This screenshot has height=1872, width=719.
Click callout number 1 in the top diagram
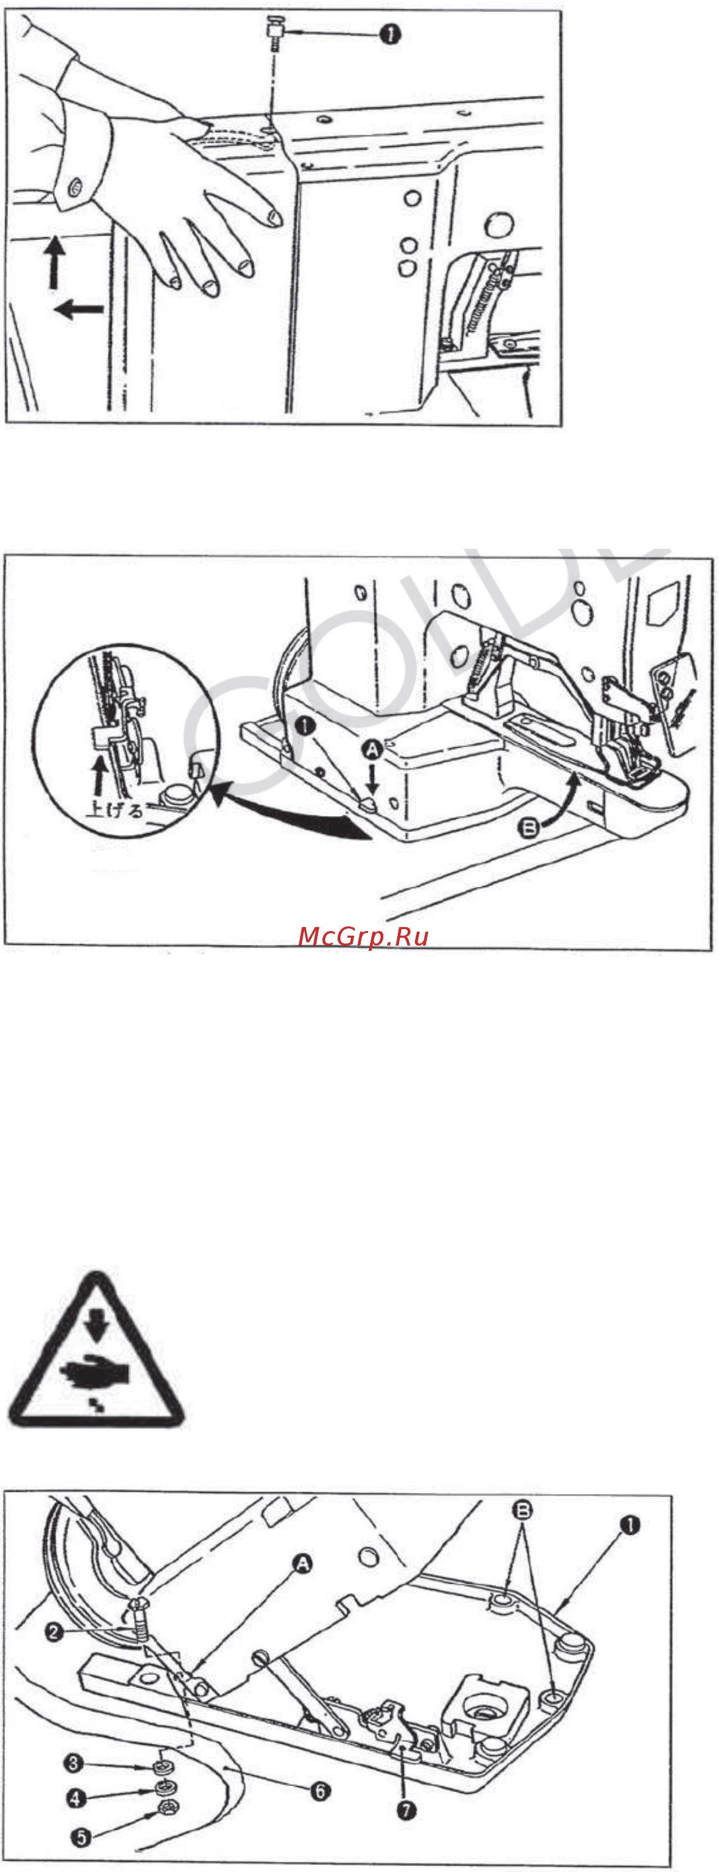[390, 34]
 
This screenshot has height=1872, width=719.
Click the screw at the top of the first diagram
[274, 32]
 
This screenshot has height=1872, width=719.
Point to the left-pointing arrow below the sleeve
[79, 309]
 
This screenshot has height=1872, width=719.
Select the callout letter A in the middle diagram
[373, 750]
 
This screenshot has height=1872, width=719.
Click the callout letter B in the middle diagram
[529, 827]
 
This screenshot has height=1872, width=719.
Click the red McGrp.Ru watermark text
[363, 937]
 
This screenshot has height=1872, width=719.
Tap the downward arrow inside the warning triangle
[96, 1327]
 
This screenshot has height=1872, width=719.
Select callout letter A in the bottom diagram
[302, 1564]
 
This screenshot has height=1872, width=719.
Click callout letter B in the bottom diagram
[522, 1510]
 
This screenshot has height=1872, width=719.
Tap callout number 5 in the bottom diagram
[80, 1838]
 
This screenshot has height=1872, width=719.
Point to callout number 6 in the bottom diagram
[320, 1785]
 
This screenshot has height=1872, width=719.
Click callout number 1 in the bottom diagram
[631, 1525]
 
